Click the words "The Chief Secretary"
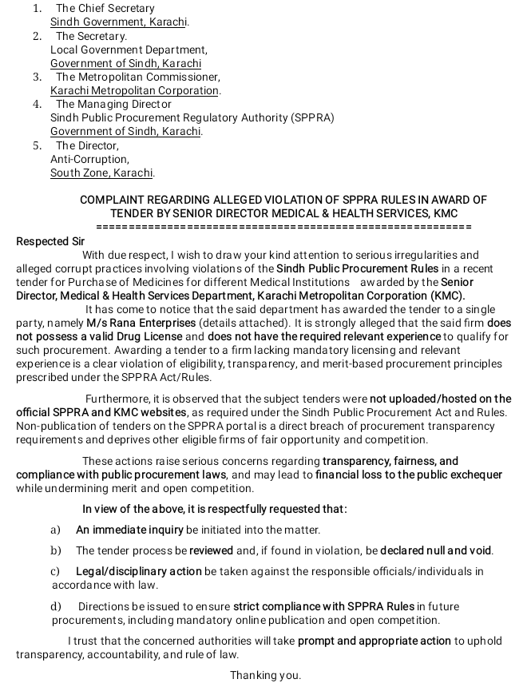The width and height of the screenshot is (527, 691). point(105,9)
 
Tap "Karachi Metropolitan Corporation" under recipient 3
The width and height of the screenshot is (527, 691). point(134,90)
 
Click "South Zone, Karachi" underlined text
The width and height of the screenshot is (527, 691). point(101,173)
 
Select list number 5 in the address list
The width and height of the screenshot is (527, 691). point(37,145)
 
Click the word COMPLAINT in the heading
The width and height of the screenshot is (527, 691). point(116,200)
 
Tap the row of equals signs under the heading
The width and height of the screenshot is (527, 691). point(283,227)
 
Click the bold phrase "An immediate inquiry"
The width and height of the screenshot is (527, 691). point(129,530)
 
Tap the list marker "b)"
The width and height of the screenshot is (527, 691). point(56,550)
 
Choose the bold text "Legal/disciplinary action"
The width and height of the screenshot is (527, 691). point(138,571)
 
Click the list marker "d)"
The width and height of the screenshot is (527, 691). point(56,607)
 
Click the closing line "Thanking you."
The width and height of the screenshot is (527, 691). point(266,676)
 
